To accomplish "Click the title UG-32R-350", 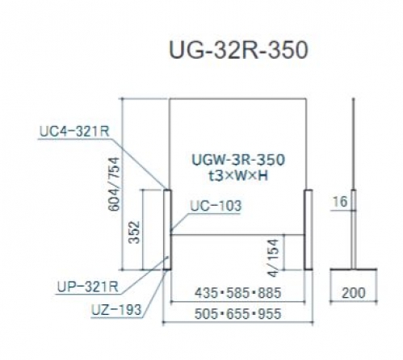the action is [238, 50].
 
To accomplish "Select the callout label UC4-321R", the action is [74, 132].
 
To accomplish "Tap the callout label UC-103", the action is [216, 206].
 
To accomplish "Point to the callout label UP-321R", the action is [88, 287].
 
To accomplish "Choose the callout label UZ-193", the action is [116, 310].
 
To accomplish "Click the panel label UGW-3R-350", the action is [238, 160].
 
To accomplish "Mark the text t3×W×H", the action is [238, 176].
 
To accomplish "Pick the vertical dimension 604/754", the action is [112, 184].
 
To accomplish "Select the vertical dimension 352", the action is [134, 232].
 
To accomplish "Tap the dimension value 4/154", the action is [274, 257].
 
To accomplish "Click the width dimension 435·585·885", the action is [238, 293].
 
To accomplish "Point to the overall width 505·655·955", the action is [238, 314].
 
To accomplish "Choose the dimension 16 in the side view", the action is [340, 202].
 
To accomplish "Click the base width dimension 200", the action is [354, 293].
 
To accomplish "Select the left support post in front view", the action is [167, 229].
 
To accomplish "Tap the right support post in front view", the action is [309, 229].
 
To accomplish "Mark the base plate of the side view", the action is [354, 269].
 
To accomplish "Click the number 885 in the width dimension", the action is [270, 293].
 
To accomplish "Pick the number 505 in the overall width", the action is [206, 314].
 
